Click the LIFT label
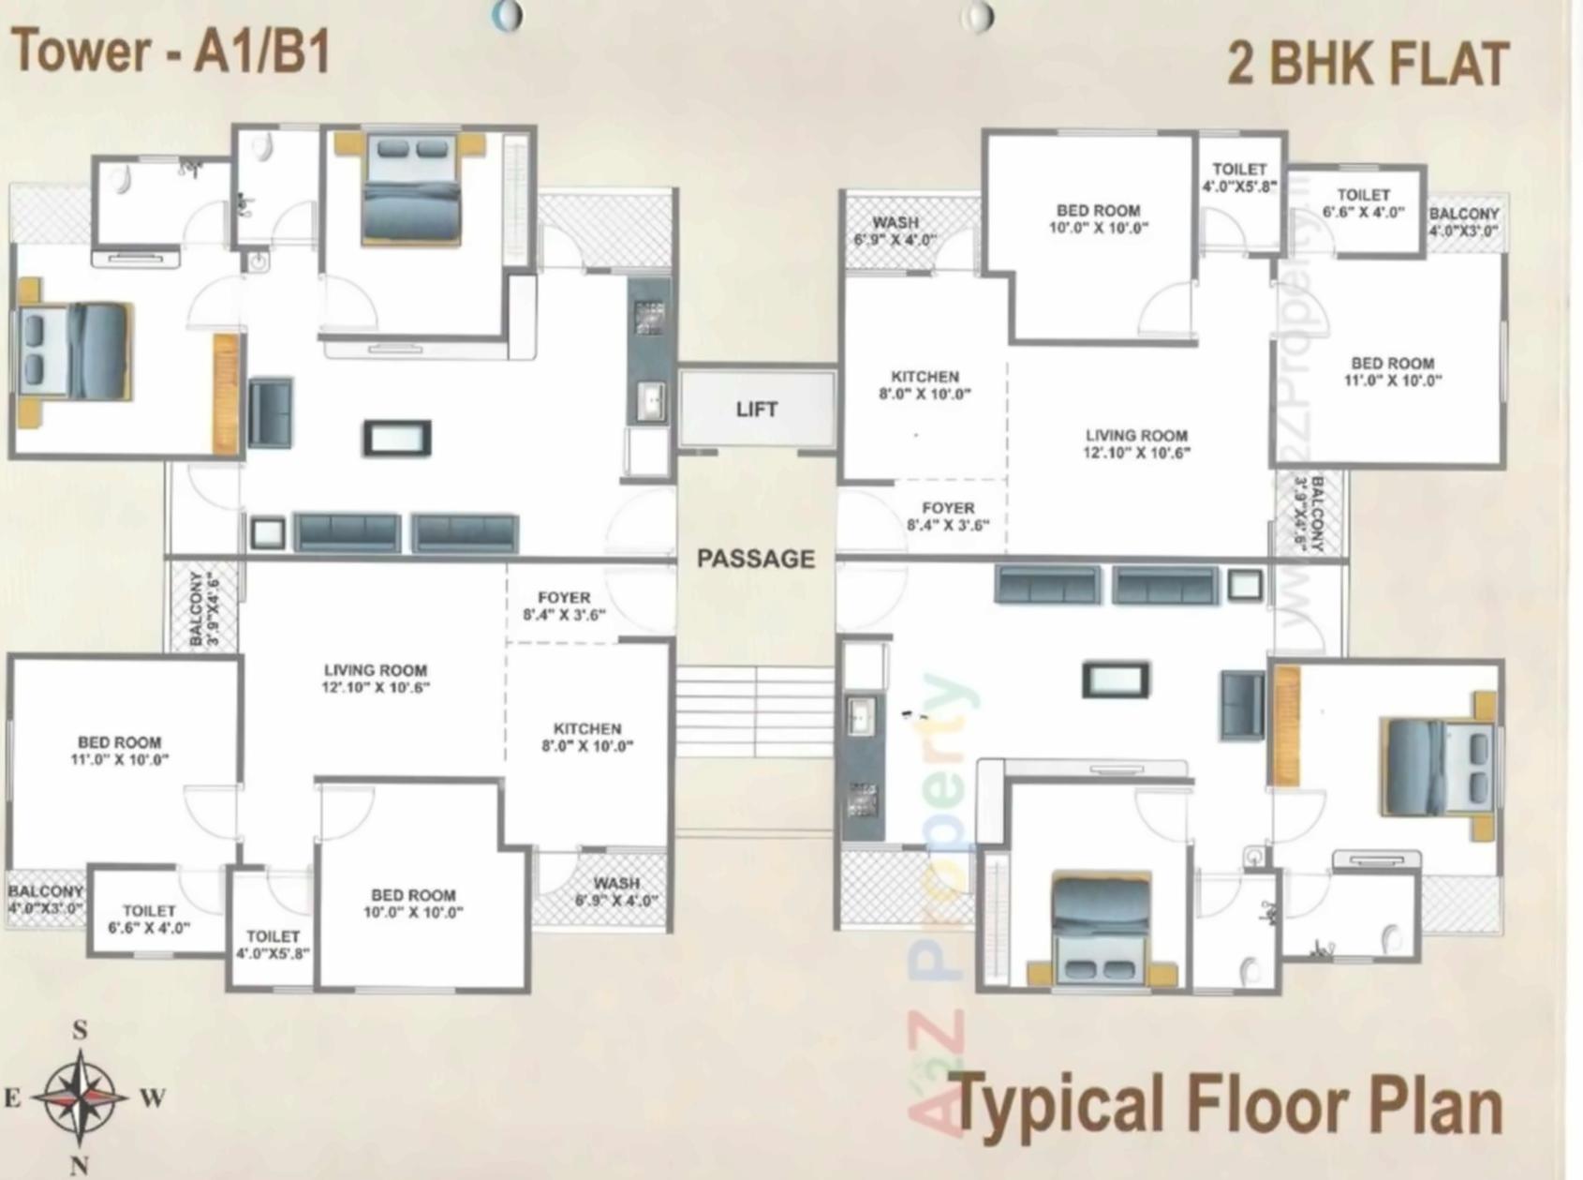[756, 410]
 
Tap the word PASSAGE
[756, 559]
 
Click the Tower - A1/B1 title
[170, 52]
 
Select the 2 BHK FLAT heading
[1367, 64]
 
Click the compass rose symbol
[81, 1096]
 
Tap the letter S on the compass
[80, 1030]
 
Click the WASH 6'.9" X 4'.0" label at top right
[895, 231]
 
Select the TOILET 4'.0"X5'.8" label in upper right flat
[1239, 177]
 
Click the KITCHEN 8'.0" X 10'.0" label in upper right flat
[925, 385]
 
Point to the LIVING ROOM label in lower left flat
[376, 679]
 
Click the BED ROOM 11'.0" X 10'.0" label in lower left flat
[120, 751]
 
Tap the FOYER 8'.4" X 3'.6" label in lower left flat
[564, 605]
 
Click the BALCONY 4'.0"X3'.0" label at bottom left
[45, 899]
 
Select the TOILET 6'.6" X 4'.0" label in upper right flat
[1363, 203]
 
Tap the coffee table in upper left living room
[397, 438]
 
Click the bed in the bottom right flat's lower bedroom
[1101, 928]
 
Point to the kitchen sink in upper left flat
[650, 400]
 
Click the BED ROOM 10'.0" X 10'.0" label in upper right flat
[1098, 218]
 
